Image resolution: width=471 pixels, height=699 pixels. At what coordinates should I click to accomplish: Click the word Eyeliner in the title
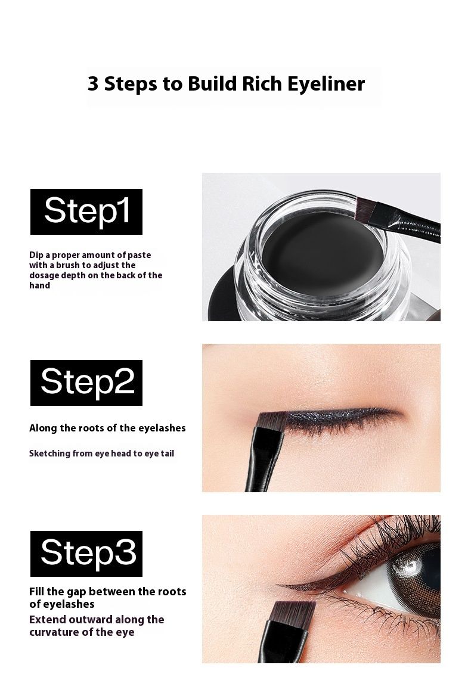pyautogui.click(x=326, y=84)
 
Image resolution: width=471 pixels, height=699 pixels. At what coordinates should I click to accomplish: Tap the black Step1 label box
pyautogui.click(x=86, y=212)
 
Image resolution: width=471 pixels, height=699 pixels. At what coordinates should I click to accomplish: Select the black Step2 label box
pyautogui.click(x=86, y=383)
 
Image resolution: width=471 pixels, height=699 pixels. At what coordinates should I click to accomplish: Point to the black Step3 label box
pyautogui.click(x=86, y=554)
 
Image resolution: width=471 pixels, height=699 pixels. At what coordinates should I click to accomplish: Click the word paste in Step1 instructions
pyautogui.click(x=139, y=256)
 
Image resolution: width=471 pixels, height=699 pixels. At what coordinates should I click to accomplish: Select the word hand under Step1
pyautogui.click(x=40, y=285)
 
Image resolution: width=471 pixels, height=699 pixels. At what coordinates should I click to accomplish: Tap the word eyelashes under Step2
pyautogui.click(x=162, y=428)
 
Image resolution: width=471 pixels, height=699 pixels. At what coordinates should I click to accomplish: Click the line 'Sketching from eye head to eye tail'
pyautogui.click(x=102, y=454)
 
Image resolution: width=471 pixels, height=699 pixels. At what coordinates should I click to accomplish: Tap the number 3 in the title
pyautogui.click(x=93, y=84)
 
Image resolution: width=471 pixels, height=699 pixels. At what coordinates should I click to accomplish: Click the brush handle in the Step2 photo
pyautogui.click(x=263, y=464)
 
